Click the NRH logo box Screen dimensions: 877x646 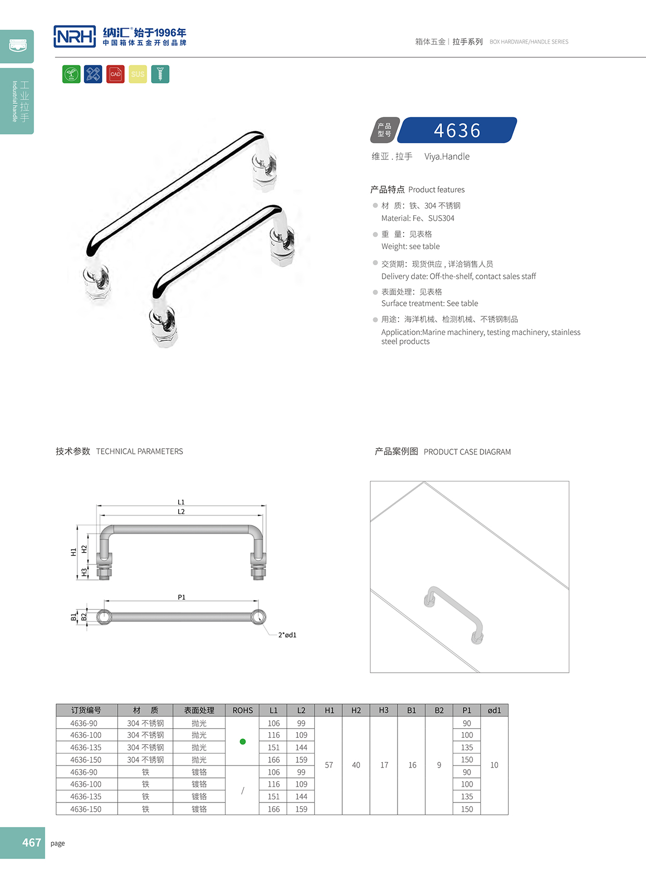pyautogui.click(x=74, y=36)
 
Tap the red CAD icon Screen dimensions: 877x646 pyautogui.click(x=116, y=74)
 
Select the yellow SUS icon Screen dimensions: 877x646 pyautogui.click(x=138, y=74)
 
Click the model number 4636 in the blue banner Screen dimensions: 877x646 pyautogui.click(x=457, y=130)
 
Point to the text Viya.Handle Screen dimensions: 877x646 pyautogui.click(x=446, y=156)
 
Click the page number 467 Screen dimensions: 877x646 pyautogui.click(x=31, y=843)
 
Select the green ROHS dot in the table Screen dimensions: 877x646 pyautogui.click(x=243, y=742)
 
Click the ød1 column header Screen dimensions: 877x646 pyautogui.click(x=494, y=710)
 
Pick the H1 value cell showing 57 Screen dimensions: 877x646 pyautogui.click(x=329, y=765)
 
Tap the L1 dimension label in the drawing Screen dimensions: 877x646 pyautogui.click(x=181, y=502)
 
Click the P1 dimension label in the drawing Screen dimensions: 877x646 pyautogui.click(x=181, y=597)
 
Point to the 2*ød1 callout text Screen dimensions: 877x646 pyautogui.click(x=287, y=635)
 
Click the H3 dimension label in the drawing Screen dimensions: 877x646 pyautogui.click(x=84, y=573)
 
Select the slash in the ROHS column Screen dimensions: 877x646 pyautogui.click(x=243, y=790)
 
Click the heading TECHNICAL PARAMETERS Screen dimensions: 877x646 pyautogui.click(x=140, y=451)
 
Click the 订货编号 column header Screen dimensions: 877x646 pyautogui.click(x=86, y=710)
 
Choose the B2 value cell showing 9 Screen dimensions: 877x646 pyautogui.click(x=439, y=765)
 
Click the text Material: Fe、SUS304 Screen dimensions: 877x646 pyautogui.click(x=418, y=218)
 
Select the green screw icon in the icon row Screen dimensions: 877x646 pyautogui.click(x=160, y=74)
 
